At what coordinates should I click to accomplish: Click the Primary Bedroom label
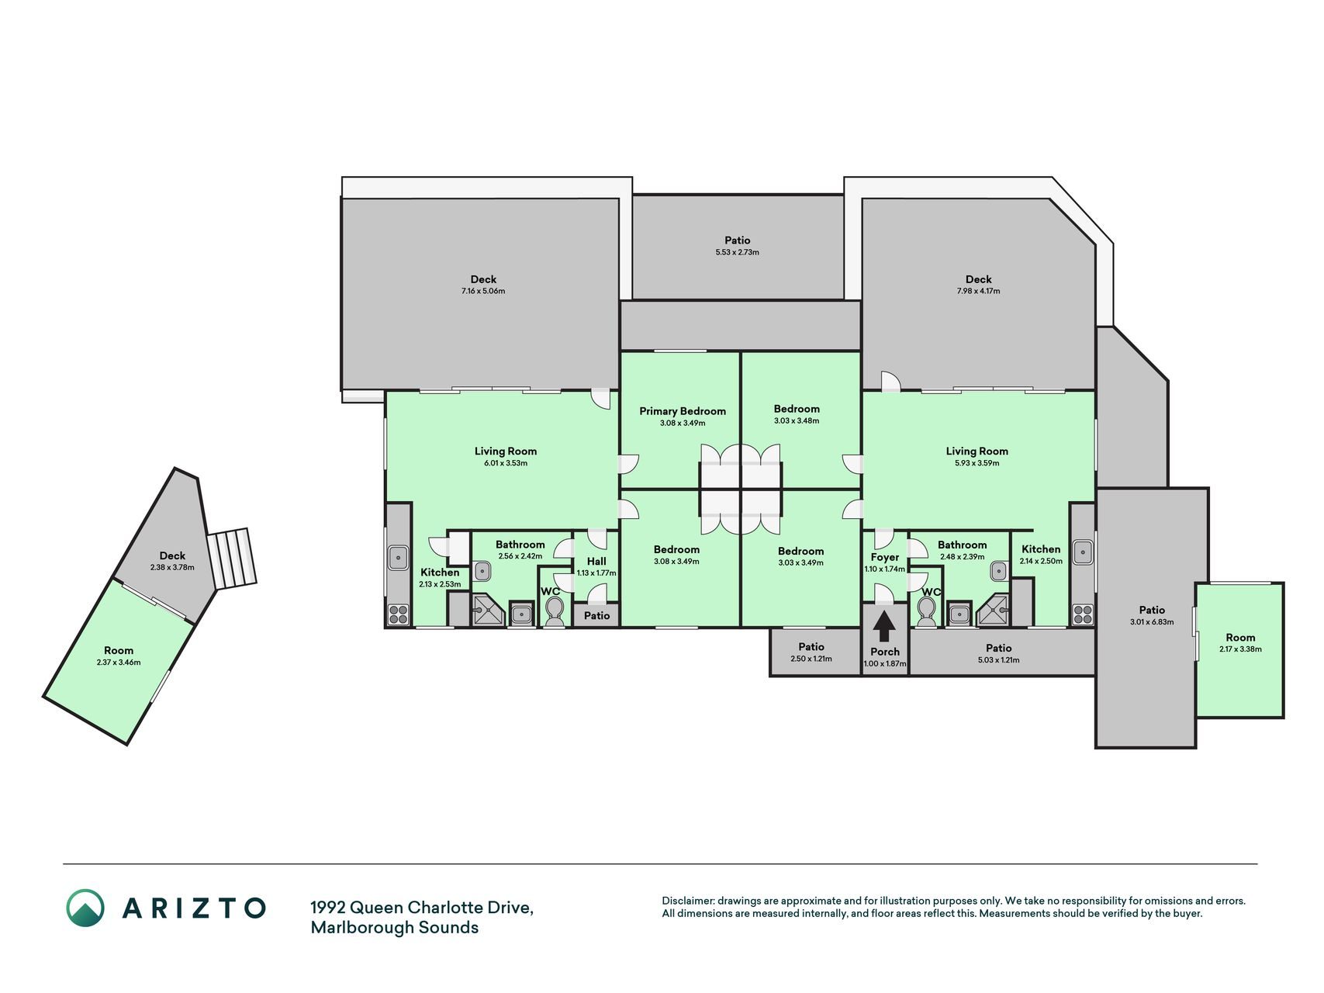(x=683, y=411)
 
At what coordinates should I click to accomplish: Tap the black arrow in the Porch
(x=885, y=626)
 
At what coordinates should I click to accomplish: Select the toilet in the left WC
(x=555, y=613)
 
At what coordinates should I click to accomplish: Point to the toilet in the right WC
(x=927, y=612)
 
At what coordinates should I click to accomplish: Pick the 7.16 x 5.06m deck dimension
(x=483, y=292)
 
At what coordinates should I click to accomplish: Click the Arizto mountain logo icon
(x=85, y=908)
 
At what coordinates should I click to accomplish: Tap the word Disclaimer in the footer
(x=686, y=901)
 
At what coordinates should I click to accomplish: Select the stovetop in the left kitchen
(x=398, y=615)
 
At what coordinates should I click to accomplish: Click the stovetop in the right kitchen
(x=1083, y=615)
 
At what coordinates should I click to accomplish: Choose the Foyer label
(x=885, y=557)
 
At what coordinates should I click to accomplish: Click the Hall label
(x=596, y=562)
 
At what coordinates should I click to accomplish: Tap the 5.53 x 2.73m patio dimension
(x=738, y=253)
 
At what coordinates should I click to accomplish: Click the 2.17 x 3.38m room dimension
(x=1240, y=649)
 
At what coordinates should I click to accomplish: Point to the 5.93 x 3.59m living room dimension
(x=977, y=463)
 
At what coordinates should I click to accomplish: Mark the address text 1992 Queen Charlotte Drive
(x=422, y=908)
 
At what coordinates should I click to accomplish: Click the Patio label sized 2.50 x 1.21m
(x=811, y=647)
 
